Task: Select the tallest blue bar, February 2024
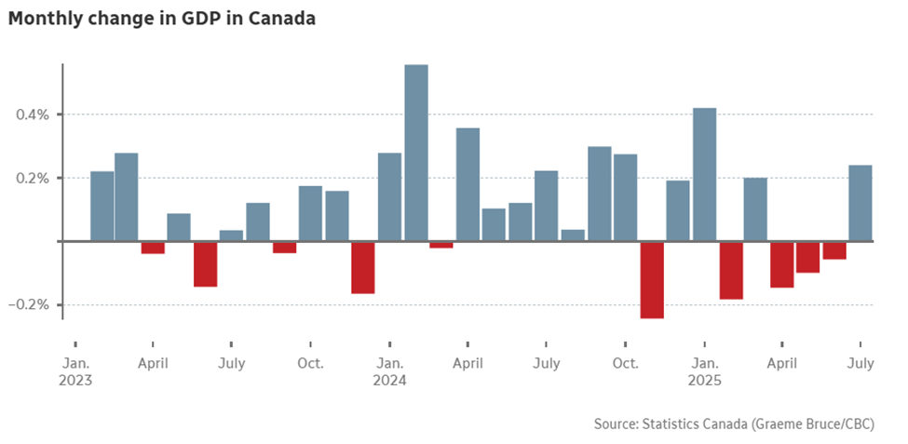pos(416,154)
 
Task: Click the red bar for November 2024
pos(652,279)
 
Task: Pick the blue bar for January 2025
pos(705,175)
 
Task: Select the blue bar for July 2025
pos(861,203)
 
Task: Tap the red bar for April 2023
pos(153,248)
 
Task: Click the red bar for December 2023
pos(363,268)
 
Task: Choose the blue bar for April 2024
pos(468,184)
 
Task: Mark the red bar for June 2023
pos(205,264)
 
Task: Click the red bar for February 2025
pos(731,270)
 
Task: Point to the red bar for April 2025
pos(782,264)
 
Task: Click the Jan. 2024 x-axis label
pos(389,371)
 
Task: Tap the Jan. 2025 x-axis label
pos(705,371)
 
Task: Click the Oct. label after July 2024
pos(626,363)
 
